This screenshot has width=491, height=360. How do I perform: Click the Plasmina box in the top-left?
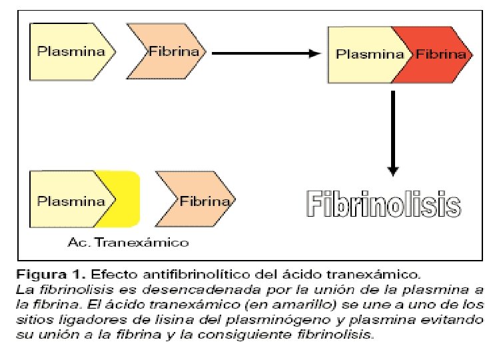tap(67, 51)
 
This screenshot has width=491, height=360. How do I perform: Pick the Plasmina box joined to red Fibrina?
tap(366, 54)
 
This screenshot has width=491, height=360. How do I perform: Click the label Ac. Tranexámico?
tap(128, 242)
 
